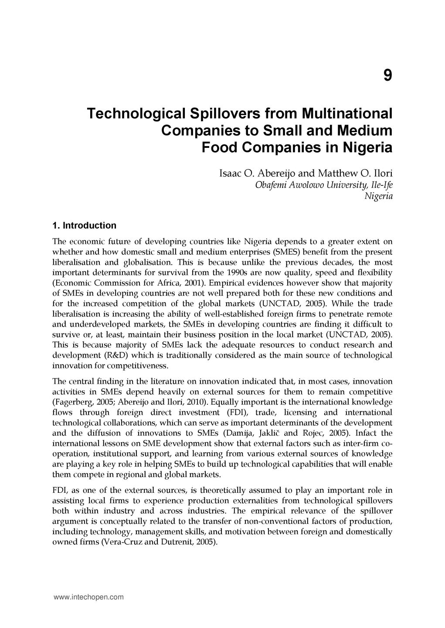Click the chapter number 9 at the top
tap(387, 76)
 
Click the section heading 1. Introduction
tap(84, 225)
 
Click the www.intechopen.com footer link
tap(88, 597)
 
